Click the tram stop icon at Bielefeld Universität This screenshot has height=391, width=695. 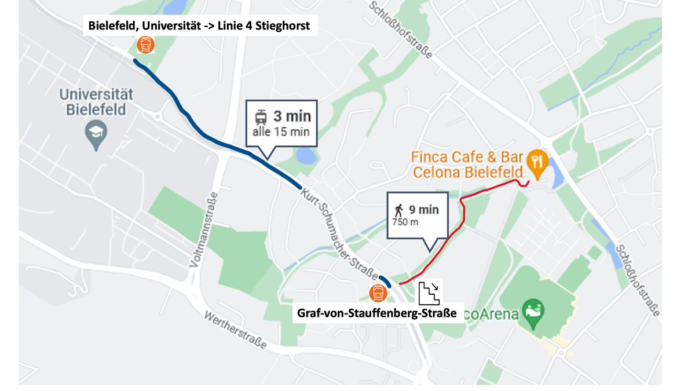pyautogui.click(x=145, y=45)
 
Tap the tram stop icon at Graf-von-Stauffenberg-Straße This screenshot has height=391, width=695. pyautogui.click(x=379, y=293)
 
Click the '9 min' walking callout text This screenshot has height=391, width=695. pyautogui.click(x=424, y=210)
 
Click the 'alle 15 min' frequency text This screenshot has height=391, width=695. pyautogui.click(x=281, y=131)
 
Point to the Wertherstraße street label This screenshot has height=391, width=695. pyautogui.click(x=235, y=331)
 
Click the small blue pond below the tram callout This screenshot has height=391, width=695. pyautogui.click(x=306, y=156)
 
